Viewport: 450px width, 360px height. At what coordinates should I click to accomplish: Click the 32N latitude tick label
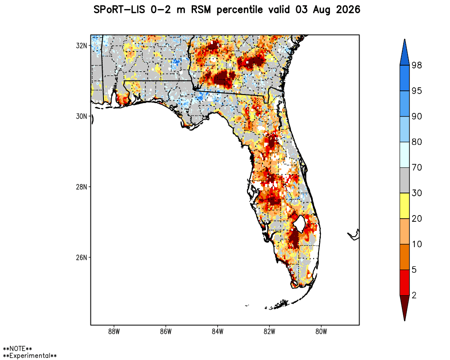[81, 45]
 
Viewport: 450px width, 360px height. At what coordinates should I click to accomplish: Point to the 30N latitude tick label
[81, 116]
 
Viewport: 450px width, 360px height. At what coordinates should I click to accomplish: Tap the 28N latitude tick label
[81, 187]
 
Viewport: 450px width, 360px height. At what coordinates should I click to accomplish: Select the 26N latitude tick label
[81, 257]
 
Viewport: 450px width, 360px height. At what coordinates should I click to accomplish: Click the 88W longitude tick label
[114, 332]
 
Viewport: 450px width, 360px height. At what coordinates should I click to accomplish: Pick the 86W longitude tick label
[166, 332]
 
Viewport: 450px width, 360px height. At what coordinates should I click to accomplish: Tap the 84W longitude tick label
[217, 332]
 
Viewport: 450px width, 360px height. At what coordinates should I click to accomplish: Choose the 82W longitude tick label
[270, 332]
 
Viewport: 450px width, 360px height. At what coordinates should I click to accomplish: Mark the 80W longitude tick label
[321, 332]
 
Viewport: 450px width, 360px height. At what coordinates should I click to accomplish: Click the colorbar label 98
[417, 65]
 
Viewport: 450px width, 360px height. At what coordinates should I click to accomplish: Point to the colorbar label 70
[417, 167]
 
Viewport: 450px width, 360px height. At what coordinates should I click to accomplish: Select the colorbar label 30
[417, 193]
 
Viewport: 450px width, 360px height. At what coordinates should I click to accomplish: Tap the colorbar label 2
[414, 295]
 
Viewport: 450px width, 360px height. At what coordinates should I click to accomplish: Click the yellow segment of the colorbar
[405, 206]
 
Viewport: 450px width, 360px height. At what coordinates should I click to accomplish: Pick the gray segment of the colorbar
[405, 180]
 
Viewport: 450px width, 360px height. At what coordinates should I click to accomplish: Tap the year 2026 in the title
[348, 10]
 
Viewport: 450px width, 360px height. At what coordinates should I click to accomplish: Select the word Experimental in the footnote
[30, 355]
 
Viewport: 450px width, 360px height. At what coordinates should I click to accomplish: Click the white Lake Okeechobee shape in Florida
[299, 223]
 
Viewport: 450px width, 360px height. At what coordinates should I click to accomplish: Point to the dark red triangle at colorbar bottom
[405, 306]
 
